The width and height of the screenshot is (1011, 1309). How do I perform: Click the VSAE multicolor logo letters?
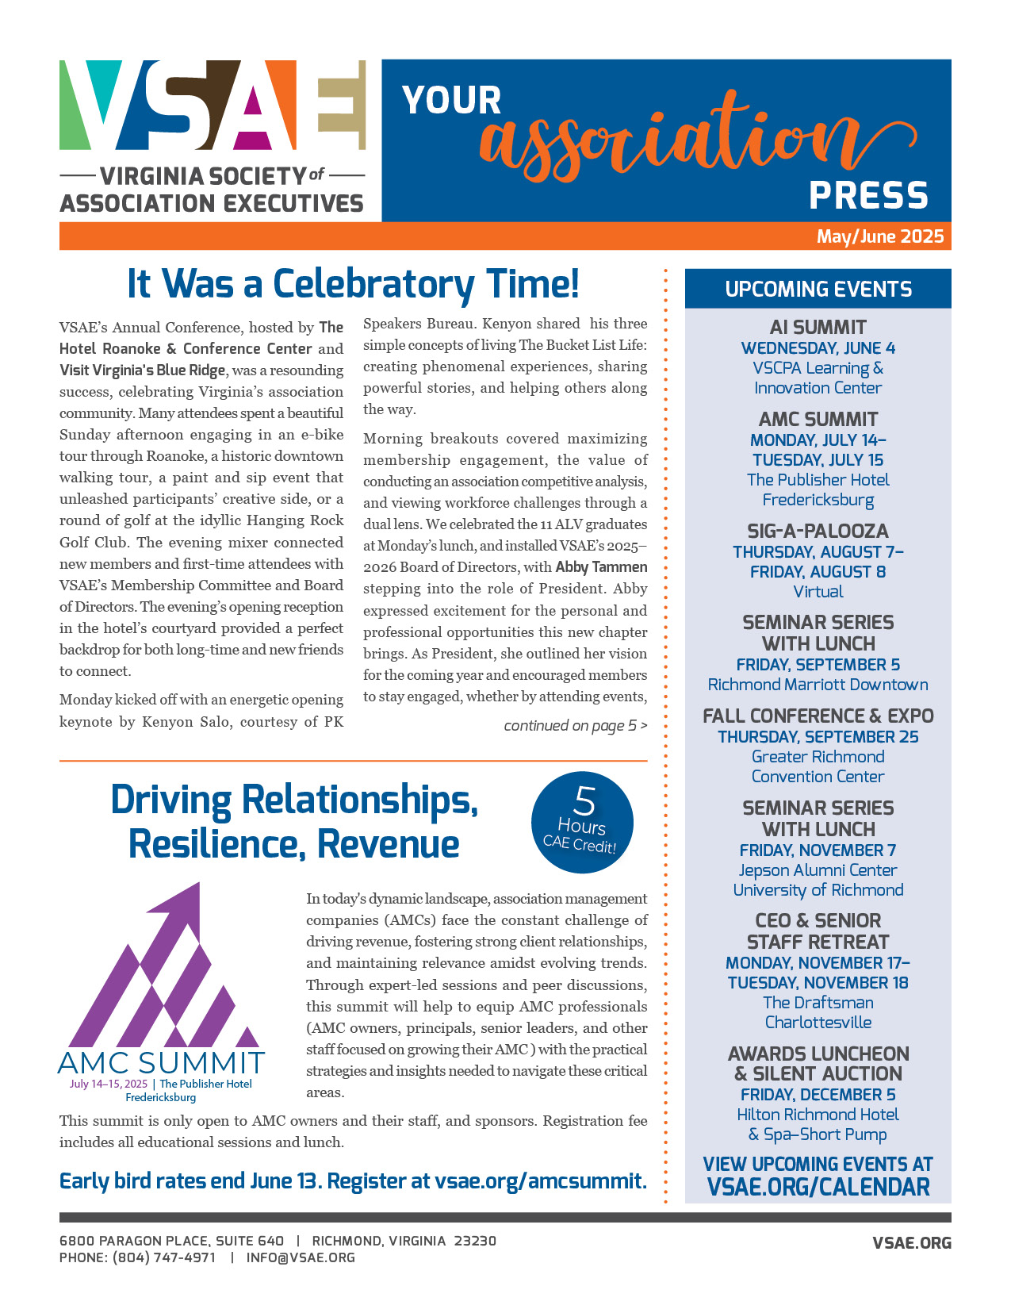(213, 105)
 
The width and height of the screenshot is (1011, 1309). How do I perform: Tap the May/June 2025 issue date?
(880, 236)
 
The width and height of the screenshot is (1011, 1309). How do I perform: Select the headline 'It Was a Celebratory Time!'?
(354, 284)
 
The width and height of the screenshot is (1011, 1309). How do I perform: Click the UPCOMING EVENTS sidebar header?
(818, 290)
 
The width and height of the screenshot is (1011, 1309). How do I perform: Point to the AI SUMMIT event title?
(818, 327)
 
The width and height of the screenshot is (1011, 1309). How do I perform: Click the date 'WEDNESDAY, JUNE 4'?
(818, 348)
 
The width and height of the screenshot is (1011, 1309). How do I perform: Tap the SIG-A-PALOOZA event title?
(818, 531)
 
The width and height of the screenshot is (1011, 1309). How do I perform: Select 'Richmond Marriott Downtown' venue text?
(818, 685)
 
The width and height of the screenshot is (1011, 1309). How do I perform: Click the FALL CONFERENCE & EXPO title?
(818, 716)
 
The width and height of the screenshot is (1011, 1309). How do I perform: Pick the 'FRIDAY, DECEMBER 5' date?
(818, 1095)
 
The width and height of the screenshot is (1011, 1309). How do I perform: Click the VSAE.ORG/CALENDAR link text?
(818, 1188)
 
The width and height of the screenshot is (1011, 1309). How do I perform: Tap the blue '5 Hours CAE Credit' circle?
(583, 823)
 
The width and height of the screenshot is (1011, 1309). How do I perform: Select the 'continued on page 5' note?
(576, 725)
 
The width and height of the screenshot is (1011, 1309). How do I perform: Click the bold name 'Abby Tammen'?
(601, 567)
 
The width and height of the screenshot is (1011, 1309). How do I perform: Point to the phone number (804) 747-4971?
(164, 1257)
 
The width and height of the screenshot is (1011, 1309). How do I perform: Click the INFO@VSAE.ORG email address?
(301, 1257)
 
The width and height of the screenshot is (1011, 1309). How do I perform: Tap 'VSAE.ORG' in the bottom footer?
(912, 1243)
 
